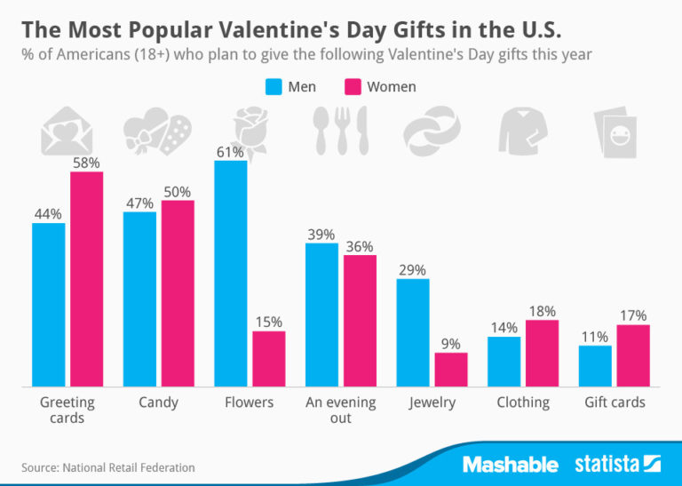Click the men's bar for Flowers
[x=230, y=274]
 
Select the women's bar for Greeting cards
[x=86, y=279]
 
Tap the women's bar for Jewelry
[x=450, y=370]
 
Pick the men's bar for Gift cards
[x=595, y=366]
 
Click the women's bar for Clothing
[x=541, y=353]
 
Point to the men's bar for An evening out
[x=321, y=315]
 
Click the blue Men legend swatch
[x=274, y=87]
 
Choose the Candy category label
[x=158, y=402]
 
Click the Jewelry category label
[x=432, y=402]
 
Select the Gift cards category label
[x=615, y=402]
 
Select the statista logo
[x=617, y=464]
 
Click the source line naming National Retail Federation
[x=107, y=467]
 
